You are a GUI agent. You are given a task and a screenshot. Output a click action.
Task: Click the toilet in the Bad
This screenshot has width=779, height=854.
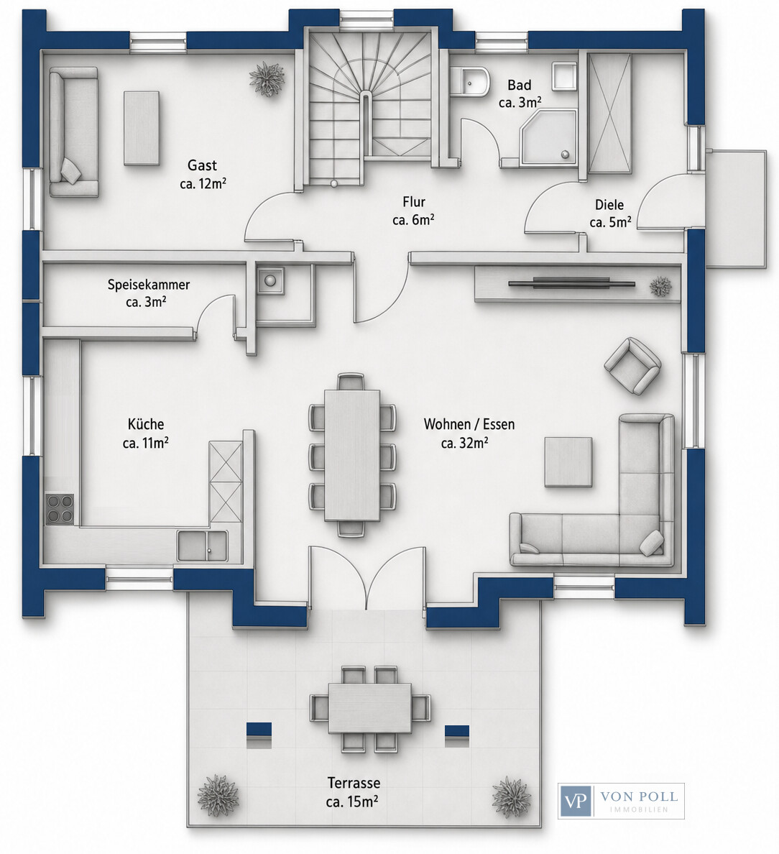click(x=471, y=82)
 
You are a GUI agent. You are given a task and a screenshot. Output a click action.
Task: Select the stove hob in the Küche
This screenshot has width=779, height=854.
click(x=60, y=509)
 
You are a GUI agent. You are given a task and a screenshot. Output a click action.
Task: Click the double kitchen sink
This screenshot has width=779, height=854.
click(x=202, y=545)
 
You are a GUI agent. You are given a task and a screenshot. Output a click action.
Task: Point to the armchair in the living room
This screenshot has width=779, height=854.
click(x=633, y=365)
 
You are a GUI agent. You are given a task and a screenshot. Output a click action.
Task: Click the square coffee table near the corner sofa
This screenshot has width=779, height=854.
click(x=569, y=462)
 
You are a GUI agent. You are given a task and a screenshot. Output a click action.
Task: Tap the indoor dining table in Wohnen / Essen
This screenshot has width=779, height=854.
click(x=352, y=455)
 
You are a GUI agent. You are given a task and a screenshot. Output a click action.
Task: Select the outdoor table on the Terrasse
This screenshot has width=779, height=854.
click(x=370, y=707)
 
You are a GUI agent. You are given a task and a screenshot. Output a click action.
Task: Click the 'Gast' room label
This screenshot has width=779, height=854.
click(x=202, y=165)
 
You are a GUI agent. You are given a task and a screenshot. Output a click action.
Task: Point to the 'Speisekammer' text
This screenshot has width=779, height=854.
click(x=149, y=284)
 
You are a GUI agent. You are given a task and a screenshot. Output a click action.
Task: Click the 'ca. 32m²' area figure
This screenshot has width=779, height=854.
click(x=464, y=443)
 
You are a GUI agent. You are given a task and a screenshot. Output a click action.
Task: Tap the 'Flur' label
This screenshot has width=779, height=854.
click(x=414, y=201)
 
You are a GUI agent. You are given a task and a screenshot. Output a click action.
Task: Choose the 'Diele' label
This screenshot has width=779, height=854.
click(x=609, y=205)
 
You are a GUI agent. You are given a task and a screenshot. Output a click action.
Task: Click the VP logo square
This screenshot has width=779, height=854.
click(x=575, y=800)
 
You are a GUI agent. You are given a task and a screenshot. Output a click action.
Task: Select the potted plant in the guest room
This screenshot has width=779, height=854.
click(x=267, y=79)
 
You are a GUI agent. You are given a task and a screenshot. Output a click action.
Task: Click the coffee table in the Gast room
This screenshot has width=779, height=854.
click(x=142, y=128)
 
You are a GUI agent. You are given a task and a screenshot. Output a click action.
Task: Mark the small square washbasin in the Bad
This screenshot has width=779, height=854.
click(x=565, y=75)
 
